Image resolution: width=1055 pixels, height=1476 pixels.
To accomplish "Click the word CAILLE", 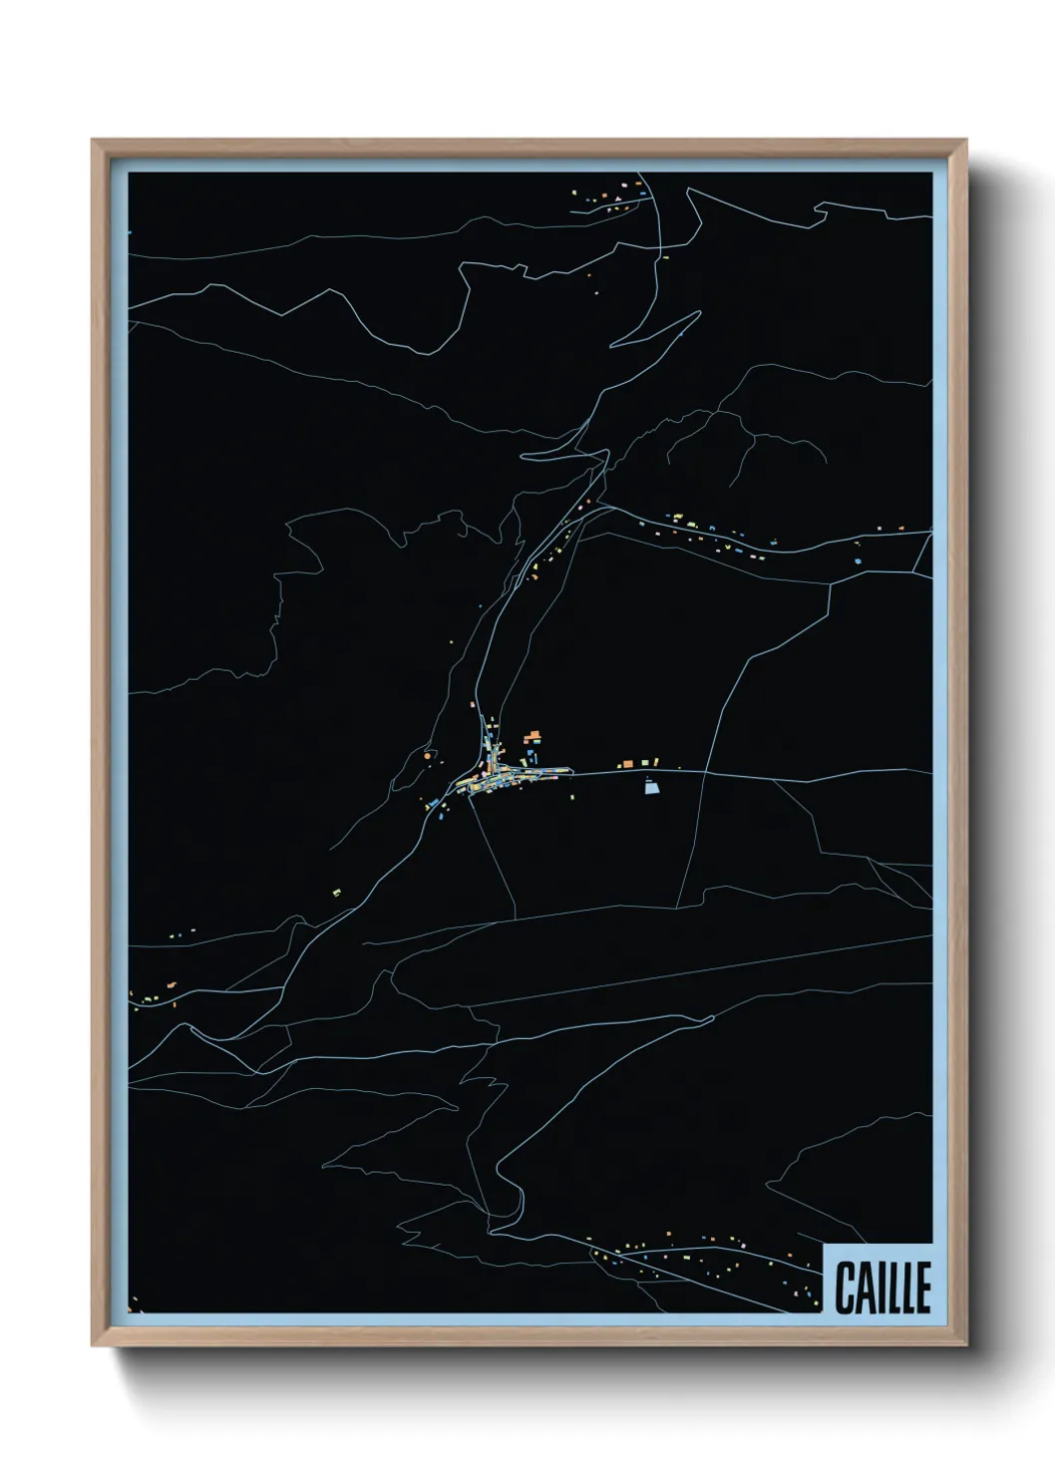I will pos(882,1289).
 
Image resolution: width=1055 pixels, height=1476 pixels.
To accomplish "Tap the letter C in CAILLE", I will pos(846,1289).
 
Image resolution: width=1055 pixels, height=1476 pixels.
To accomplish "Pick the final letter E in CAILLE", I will pos(922,1289).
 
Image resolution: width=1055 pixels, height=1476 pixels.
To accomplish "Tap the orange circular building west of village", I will pos(427,758).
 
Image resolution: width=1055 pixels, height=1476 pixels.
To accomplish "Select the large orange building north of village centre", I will pos(533,737).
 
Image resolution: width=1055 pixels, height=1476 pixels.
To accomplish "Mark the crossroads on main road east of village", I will pos(704,772).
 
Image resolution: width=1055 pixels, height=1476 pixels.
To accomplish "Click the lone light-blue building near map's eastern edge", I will pos(858,561).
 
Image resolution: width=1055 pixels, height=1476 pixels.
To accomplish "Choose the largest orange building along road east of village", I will pos(627,764).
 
